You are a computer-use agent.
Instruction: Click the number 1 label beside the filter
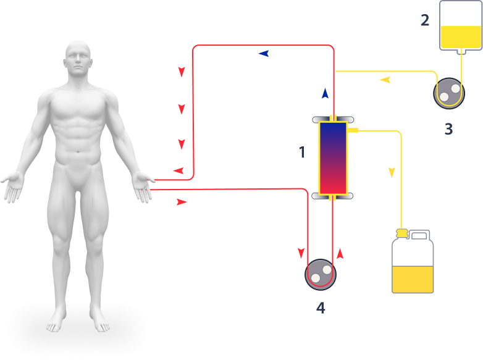pyautogui.click(x=302, y=152)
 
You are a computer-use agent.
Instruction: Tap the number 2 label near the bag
pyautogui.click(x=424, y=20)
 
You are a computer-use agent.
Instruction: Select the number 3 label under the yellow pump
pyautogui.click(x=448, y=129)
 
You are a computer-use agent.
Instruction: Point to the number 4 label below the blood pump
pyautogui.click(x=320, y=308)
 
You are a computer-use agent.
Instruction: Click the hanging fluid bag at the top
pyautogui.click(x=460, y=26)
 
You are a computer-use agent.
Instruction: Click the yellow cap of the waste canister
pyautogui.click(x=401, y=233)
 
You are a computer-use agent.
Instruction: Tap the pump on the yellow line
pyautogui.click(x=448, y=93)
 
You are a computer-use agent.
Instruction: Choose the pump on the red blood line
pyautogui.click(x=321, y=272)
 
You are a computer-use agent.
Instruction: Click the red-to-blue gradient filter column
pyautogui.click(x=333, y=158)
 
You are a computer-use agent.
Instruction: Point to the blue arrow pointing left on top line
pyautogui.click(x=264, y=54)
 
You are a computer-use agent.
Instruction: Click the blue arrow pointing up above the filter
pyautogui.click(x=325, y=93)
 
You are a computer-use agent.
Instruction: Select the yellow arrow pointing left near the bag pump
pyautogui.click(x=385, y=80)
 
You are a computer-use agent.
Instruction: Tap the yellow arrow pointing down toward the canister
pyautogui.click(x=392, y=172)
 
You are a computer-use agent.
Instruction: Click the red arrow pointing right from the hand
pyautogui.click(x=182, y=202)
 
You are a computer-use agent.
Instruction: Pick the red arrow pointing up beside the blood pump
pyautogui.click(x=340, y=253)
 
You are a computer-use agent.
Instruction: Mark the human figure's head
pyautogui.click(x=78, y=61)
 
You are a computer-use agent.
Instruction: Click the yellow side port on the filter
pyautogui.click(x=353, y=130)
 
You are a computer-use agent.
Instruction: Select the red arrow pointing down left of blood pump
pyautogui.click(x=301, y=253)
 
